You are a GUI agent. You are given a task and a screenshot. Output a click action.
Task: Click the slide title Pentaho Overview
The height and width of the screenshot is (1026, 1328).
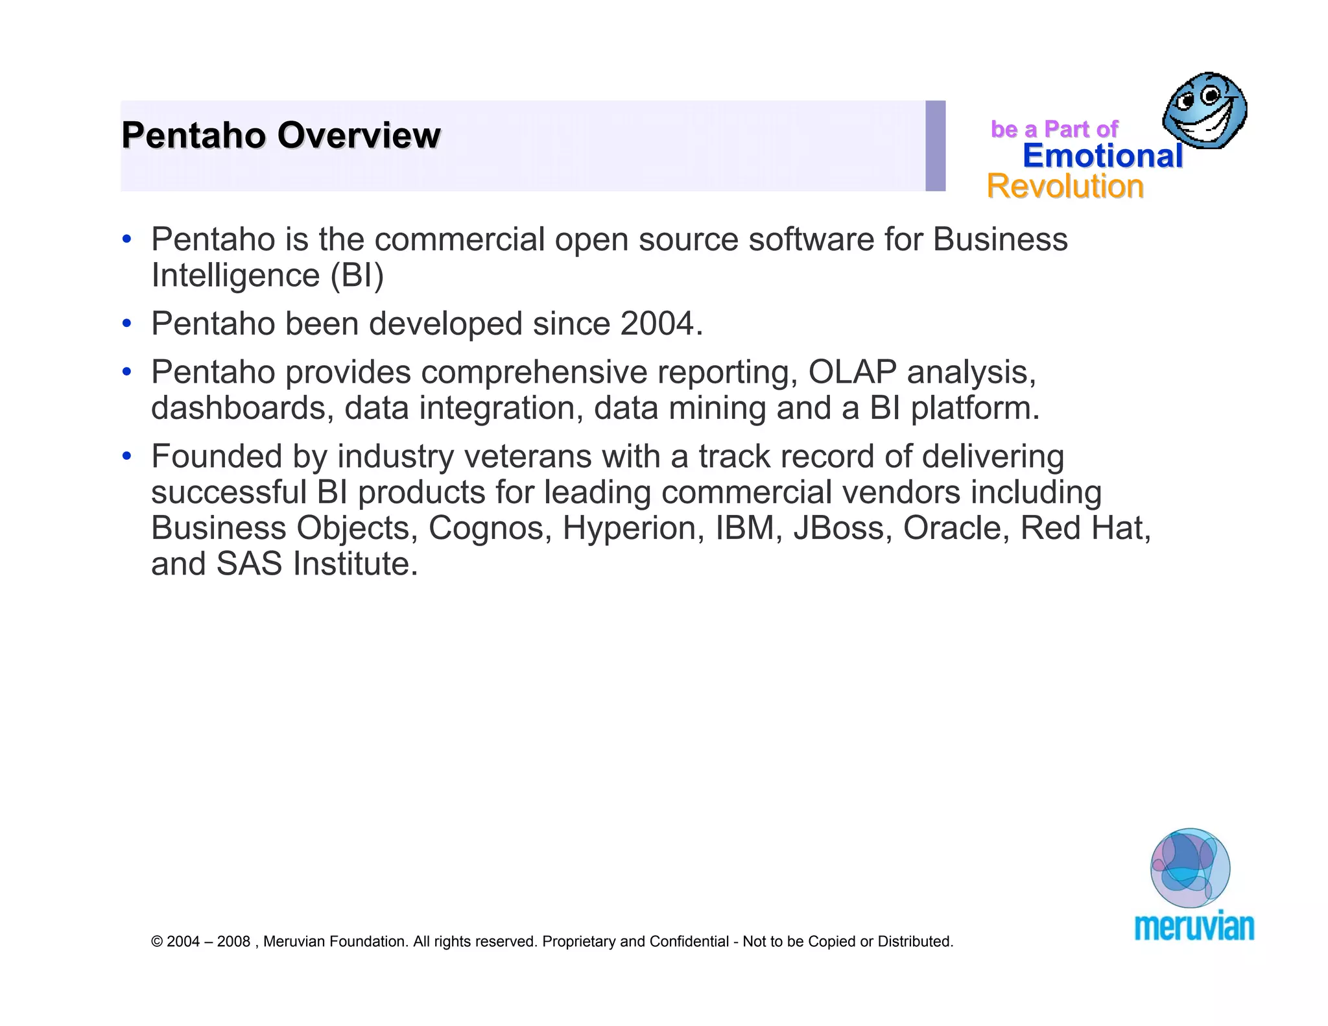point(281,136)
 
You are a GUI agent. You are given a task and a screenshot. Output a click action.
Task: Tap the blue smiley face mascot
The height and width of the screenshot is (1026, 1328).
point(1204,110)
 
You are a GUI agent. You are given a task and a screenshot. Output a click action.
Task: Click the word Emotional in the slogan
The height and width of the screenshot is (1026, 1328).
point(1102,156)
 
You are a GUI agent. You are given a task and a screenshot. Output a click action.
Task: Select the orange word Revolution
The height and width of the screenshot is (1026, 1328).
point(1065,187)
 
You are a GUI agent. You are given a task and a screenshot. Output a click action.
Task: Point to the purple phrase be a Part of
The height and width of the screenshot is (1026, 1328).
point(1054,129)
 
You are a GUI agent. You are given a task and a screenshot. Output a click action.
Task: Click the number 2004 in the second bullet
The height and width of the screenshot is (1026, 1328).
point(656,323)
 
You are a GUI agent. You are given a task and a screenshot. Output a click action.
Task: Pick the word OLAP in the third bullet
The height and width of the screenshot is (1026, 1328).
point(852,372)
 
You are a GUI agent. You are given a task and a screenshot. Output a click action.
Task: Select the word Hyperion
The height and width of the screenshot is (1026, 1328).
point(633,528)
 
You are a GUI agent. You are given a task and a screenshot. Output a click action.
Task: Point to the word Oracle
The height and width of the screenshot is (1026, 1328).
point(956,528)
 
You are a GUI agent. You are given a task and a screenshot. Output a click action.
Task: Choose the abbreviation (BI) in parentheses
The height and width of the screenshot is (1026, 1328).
point(357,276)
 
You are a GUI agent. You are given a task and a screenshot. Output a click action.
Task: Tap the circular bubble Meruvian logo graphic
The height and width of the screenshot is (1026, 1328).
point(1190,868)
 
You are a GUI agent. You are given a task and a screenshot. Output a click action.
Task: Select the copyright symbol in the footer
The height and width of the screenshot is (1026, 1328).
point(156,942)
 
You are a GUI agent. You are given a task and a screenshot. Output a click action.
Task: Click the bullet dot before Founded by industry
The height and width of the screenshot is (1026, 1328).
point(127,457)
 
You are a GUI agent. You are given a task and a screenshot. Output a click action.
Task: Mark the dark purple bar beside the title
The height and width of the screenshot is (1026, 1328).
point(935,146)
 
